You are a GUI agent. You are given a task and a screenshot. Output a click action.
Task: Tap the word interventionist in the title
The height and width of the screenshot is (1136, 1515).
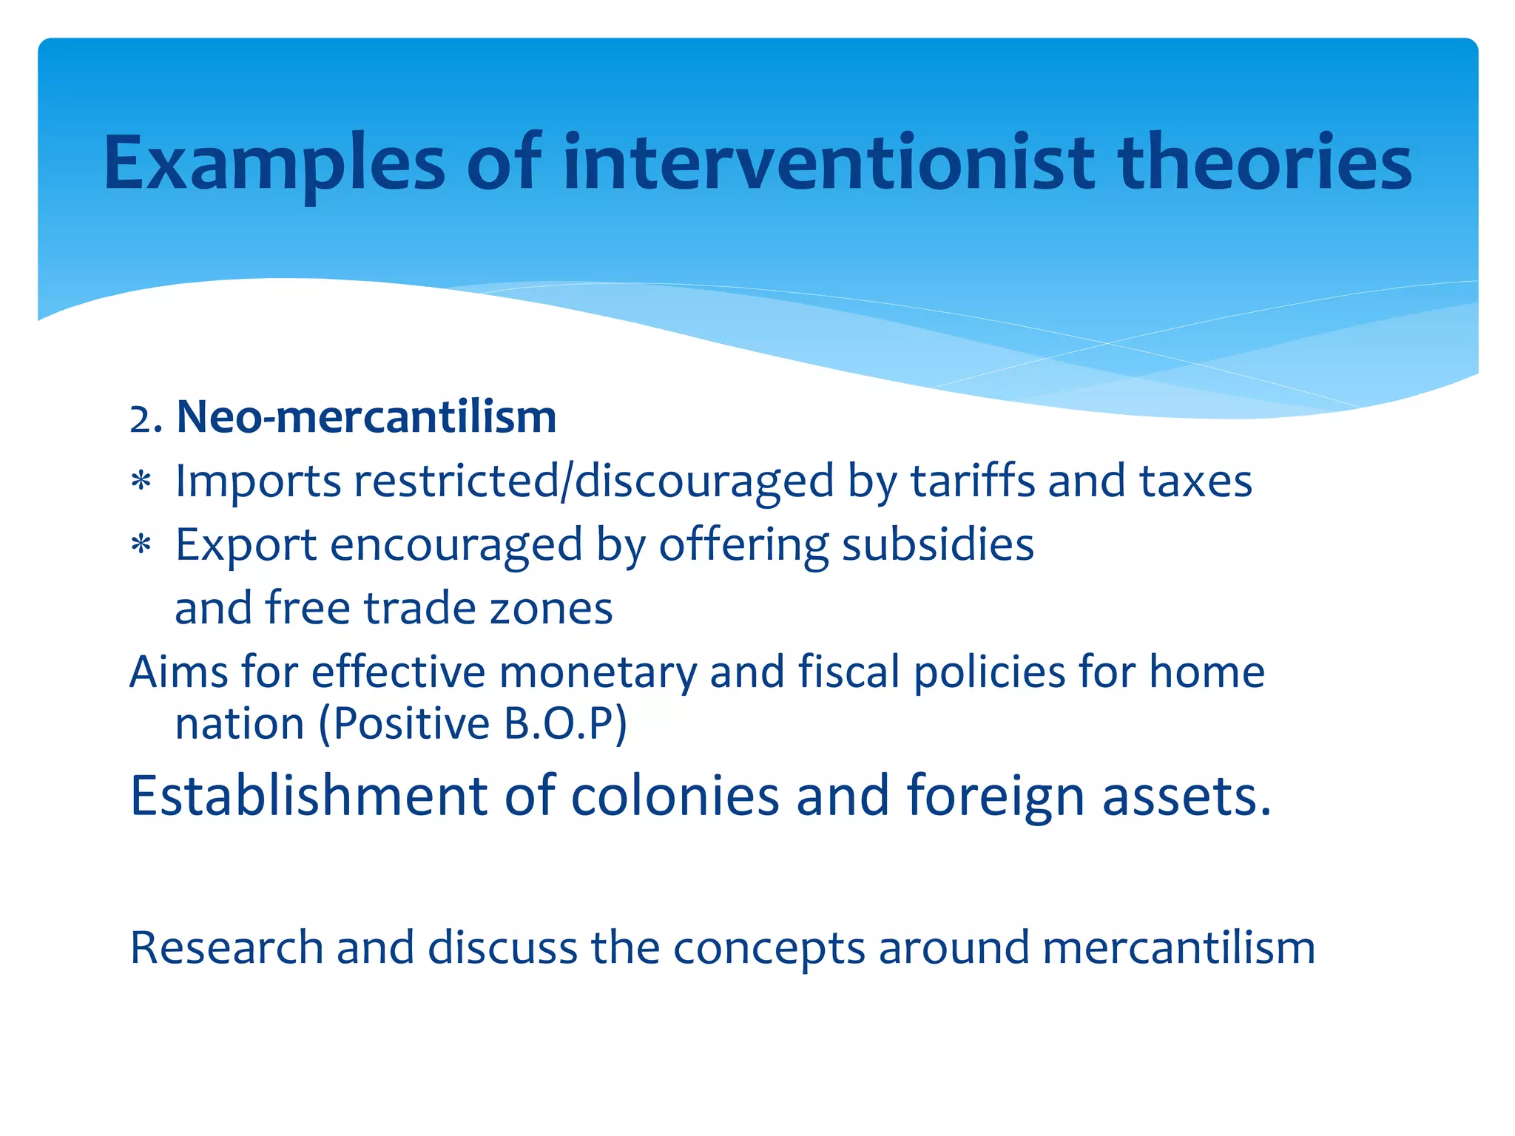click(x=828, y=163)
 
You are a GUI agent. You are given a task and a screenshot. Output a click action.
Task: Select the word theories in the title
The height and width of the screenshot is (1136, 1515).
click(x=1264, y=163)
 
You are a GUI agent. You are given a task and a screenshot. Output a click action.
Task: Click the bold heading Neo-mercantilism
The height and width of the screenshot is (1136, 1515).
click(x=366, y=417)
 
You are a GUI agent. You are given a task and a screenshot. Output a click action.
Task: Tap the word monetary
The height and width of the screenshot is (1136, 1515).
click(x=598, y=672)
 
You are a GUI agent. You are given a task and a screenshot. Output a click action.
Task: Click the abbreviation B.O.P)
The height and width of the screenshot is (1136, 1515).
click(x=565, y=723)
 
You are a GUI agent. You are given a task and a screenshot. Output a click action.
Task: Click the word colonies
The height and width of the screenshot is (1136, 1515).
click(x=675, y=796)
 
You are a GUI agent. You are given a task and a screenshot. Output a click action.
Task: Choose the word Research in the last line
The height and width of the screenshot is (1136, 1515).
click(x=226, y=947)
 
